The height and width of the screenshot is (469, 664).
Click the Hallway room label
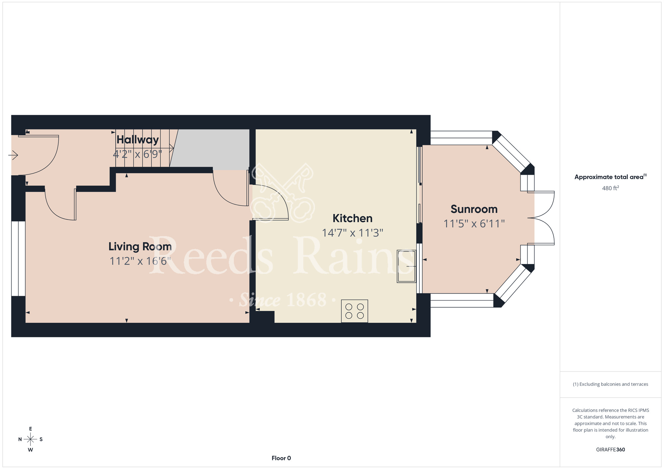[137, 140]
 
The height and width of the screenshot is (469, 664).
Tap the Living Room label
[140, 246]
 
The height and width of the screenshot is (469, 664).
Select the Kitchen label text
[353, 218]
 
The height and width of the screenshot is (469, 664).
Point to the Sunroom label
[474, 209]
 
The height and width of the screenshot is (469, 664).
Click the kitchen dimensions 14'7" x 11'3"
[353, 233]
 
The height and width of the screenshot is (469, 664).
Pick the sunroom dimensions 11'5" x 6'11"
[474, 224]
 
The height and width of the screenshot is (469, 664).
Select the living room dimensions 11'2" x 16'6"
[140, 261]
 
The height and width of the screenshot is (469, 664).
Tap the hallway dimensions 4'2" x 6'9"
[137, 154]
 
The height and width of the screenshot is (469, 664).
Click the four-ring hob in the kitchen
[355, 311]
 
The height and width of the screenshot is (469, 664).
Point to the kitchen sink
[406, 266]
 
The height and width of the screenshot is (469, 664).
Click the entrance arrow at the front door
[13, 155]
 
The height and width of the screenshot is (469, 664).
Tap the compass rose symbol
[31, 439]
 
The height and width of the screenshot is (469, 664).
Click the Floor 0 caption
[281, 458]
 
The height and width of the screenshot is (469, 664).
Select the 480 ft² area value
[611, 188]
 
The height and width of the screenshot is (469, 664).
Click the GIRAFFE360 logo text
[611, 450]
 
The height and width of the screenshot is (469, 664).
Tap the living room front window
[18, 258]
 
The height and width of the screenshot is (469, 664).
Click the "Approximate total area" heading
[611, 177]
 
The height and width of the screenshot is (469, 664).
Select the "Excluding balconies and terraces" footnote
[611, 384]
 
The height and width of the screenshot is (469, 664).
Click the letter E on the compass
[31, 429]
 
